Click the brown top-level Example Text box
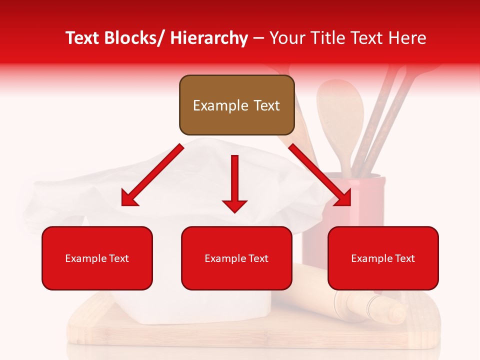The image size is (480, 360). coord(236,105)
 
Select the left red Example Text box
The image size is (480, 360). coord(97,258)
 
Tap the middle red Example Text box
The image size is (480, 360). coord(236,258)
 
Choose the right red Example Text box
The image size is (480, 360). coord(383,258)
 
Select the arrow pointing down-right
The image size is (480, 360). coord(320,175)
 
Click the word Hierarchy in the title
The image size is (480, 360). coord(208,38)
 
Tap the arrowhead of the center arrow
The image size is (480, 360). coord(234,205)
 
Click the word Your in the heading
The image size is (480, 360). coord(285,38)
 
